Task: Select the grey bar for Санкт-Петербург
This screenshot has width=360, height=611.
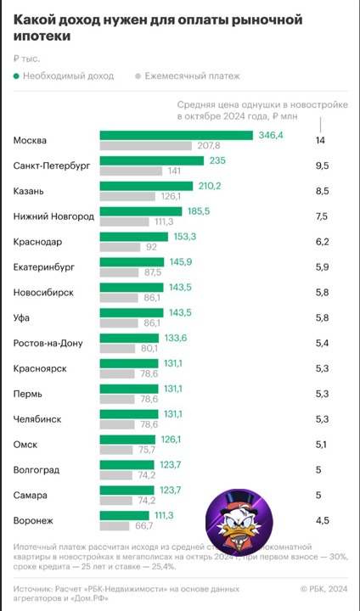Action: [131, 171]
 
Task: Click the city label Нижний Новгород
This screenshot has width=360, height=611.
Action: [53, 216]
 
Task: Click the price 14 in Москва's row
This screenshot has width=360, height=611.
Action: [320, 140]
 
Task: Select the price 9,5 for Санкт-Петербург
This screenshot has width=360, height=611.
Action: [322, 165]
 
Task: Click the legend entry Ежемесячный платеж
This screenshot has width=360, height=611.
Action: [188, 76]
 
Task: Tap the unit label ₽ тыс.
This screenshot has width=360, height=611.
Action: [28, 58]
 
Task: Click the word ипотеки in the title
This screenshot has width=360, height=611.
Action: [42, 36]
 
